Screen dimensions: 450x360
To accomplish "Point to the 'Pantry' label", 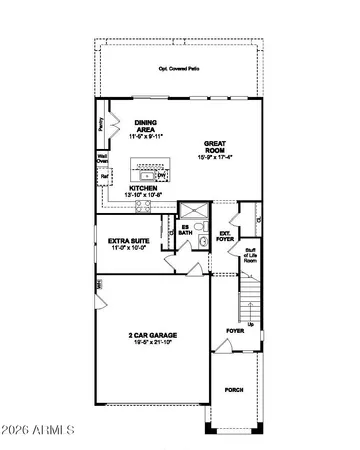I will click(x=102, y=125).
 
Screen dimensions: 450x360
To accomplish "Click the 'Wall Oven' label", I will click(x=103, y=158).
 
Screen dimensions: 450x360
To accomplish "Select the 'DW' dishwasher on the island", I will click(x=162, y=176).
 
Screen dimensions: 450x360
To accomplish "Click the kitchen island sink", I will click(x=147, y=176).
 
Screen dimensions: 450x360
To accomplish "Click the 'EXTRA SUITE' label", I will click(x=128, y=241).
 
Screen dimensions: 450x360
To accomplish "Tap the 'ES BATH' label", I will click(x=185, y=229).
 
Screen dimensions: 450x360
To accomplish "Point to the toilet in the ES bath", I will click(x=201, y=241).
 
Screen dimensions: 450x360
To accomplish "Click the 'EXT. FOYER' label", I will click(x=224, y=236).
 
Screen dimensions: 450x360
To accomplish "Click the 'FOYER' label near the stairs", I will click(x=234, y=328).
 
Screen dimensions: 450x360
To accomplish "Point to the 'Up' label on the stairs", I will click(x=250, y=324).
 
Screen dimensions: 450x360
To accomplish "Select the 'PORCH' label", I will click(x=233, y=390).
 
